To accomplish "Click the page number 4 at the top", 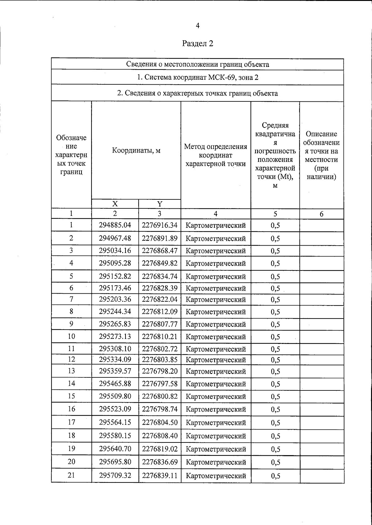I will [197, 26].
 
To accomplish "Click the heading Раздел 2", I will [197, 43].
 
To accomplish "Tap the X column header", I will [115, 204].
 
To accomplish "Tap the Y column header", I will [159, 204].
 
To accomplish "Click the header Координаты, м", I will [136, 151].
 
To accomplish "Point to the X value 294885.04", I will [115, 225].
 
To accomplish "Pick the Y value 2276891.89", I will [160, 238].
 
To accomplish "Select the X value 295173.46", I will [115, 288].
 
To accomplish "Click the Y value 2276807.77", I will [160, 324].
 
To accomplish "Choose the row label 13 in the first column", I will [71, 371].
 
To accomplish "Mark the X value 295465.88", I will [115, 384].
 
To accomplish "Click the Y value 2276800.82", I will [160, 396].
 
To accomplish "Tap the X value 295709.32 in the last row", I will [115, 475].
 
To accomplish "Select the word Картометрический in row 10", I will [215, 337].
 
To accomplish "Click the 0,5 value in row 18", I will [275, 436].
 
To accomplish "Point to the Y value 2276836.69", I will [160, 462].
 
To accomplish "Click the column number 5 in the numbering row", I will [275, 214].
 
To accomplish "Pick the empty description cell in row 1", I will [321, 225].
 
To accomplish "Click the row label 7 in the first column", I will [71, 299].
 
